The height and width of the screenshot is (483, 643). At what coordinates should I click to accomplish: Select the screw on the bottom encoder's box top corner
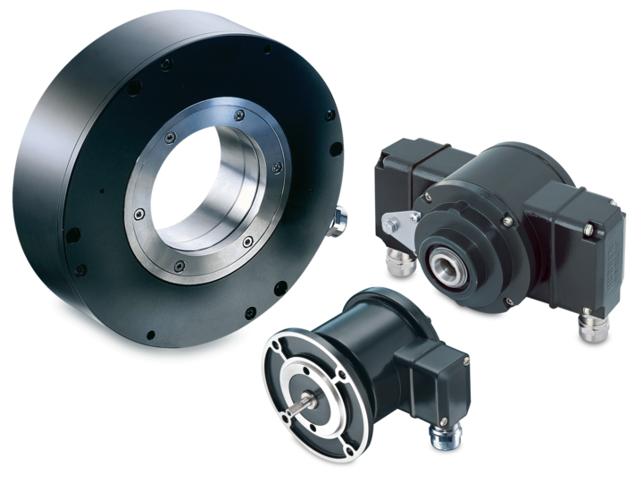(466, 361)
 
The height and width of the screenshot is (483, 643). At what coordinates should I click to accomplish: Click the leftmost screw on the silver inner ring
(138, 215)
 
